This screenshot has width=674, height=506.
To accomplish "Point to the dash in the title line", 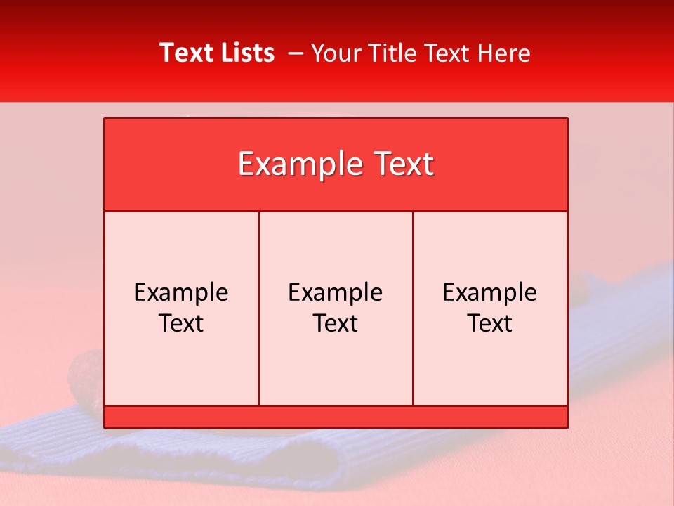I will click(x=296, y=53).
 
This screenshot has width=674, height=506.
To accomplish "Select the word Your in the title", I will click(x=334, y=53).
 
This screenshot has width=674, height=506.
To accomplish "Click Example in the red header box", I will click(x=293, y=164).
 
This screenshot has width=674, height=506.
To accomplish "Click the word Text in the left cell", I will click(x=181, y=323).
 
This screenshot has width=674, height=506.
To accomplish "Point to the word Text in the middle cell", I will click(x=336, y=323).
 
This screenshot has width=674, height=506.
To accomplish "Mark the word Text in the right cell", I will click(x=490, y=323).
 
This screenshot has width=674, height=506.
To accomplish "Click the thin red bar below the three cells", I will click(x=336, y=417).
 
